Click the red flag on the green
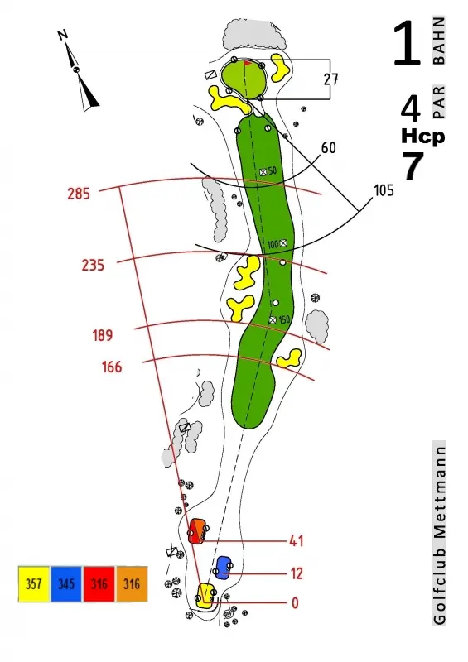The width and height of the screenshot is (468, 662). tap(248, 64)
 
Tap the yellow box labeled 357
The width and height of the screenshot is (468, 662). tap(34, 584)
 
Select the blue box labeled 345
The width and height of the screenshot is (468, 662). tap(66, 584)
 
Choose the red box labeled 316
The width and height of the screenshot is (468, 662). tap(99, 584)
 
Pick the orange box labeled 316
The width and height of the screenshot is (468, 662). tap(132, 584)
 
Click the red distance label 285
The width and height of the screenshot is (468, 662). tap(79, 194)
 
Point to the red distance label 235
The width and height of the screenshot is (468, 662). tap(93, 265)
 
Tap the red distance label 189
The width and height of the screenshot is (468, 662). tap(103, 336)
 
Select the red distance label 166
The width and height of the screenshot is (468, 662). tap(112, 367)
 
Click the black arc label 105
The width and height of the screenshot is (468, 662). tap(384, 190)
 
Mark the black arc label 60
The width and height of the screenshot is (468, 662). tap(329, 148)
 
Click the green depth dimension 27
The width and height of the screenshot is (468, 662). tap(331, 79)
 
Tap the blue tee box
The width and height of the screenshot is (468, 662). tap(223, 568)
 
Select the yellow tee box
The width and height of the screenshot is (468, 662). tap(206, 596)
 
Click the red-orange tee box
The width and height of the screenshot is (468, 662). tap(197, 531)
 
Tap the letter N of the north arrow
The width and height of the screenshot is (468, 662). tap(63, 35)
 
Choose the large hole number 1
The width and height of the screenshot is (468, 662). tap(408, 44)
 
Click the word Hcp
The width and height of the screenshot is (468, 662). tap(422, 137)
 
